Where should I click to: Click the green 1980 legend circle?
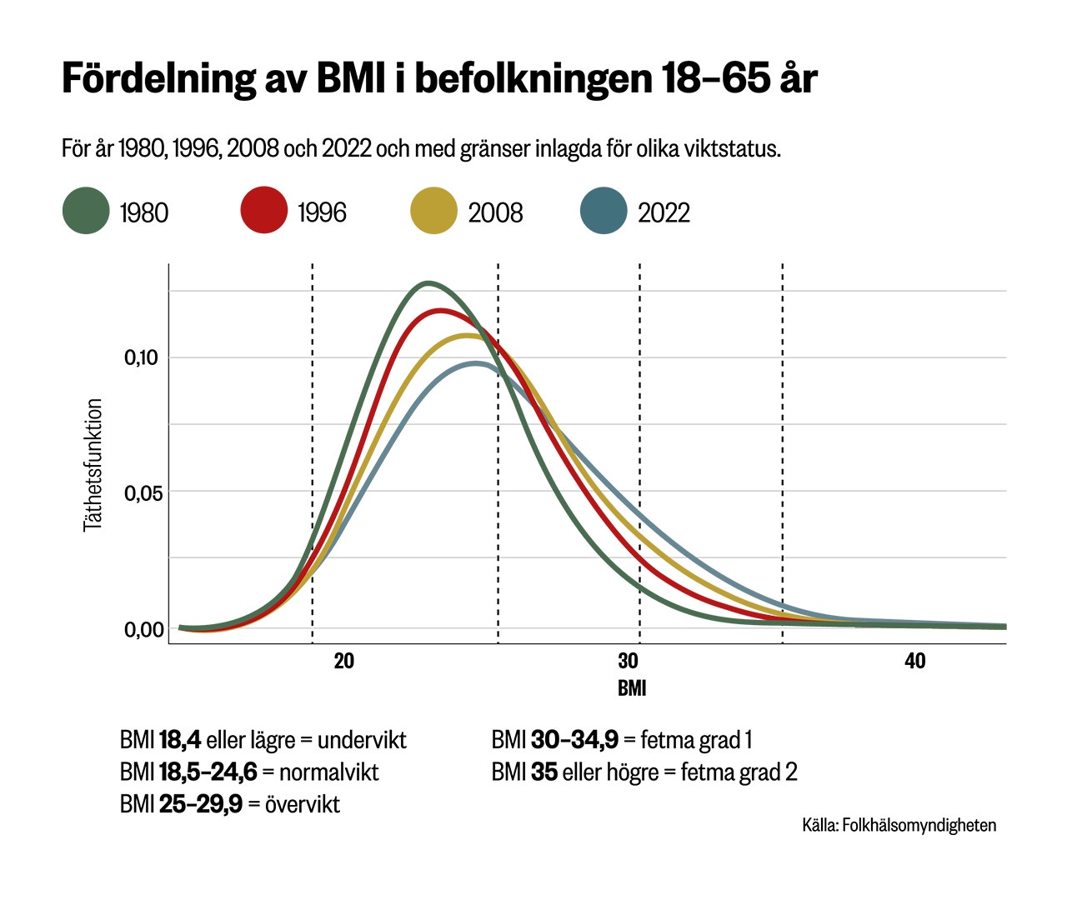tap(86, 211)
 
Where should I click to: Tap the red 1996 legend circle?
tap(263, 211)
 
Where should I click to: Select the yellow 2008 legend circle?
tap(433, 211)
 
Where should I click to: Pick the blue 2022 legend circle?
tap(603, 211)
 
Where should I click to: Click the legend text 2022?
tap(664, 212)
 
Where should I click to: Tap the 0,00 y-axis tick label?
tap(143, 629)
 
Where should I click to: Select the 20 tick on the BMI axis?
tap(343, 662)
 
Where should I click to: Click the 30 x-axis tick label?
tap(628, 662)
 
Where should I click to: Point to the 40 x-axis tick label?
tap(914, 662)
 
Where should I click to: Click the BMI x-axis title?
tap(631, 689)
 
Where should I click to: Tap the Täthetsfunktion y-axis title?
tap(93, 464)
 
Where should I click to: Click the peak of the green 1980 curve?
tap(428, 283)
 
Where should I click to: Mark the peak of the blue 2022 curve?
tap(475, 363)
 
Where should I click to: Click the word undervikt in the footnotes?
tap(362, 740)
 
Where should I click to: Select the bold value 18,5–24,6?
tap(208, 772)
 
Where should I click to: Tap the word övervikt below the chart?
tap(302, 804)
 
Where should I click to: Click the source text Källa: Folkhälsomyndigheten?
tap(899, 825)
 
